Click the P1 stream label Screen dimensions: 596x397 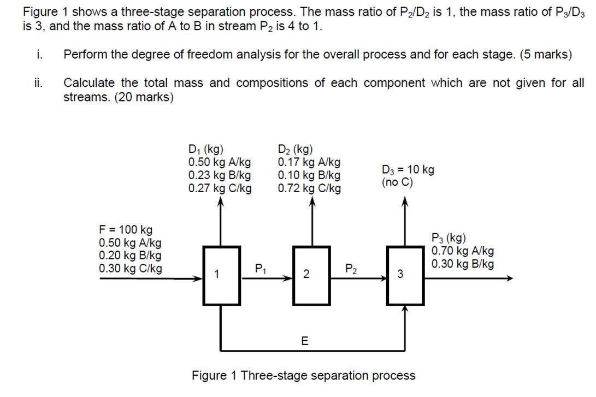coord(261,269)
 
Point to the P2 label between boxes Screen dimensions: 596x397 coord(351,269)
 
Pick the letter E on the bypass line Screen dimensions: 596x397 coord(305,341)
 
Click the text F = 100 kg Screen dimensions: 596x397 coord(126,229)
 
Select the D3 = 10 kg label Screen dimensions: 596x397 coord(408,169)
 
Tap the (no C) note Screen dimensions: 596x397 coord(397,182)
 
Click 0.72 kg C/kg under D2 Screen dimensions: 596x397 coord(309,188)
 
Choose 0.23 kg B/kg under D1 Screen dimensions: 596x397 coord(220,175)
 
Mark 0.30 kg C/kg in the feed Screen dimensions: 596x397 coord(131,268)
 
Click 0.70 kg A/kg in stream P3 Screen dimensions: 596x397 coord(463,251)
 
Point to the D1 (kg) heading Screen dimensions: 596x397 coord(205,149)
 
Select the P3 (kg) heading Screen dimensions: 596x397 coord(449,238)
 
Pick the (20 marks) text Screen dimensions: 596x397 coord(144,97)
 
